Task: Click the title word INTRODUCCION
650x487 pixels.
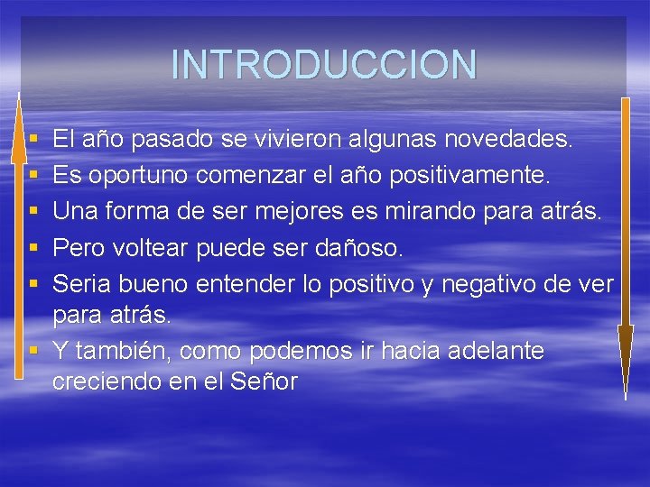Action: click(x=324, y=65)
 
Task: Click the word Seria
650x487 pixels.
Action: click(x=79, y=284)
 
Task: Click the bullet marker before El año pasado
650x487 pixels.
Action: click(x=32, y=141)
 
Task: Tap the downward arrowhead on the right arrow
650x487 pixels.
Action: click(x=625, y=352)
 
